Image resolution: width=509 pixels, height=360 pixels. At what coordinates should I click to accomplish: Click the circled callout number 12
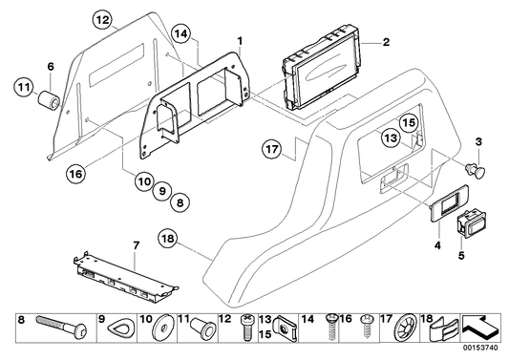point(103,18)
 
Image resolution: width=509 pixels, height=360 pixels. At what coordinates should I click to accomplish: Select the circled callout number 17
point(272,150)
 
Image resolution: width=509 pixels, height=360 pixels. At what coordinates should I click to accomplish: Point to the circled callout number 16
point(75,174)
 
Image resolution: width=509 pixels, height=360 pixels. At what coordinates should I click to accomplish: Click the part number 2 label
point(386,43)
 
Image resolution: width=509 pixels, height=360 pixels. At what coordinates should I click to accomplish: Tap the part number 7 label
point(135,245)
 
